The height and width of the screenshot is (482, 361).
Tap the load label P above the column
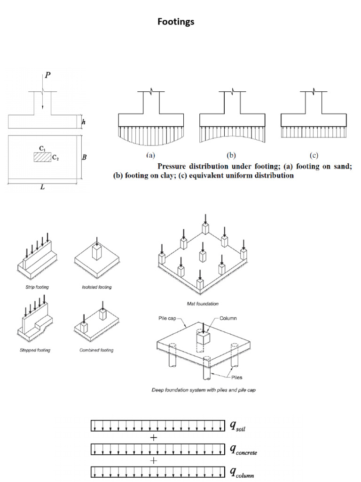(48, 75)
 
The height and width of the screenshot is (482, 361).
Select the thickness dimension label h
(84, 122)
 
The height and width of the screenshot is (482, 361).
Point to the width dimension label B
(84, 158)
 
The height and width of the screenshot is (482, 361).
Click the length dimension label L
(43, 187)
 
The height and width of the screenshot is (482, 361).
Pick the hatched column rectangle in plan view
(42, 157)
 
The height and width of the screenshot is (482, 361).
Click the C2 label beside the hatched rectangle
(55, 158)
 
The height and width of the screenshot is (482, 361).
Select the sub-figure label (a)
(150, 155)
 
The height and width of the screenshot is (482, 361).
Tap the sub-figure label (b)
(231, 155)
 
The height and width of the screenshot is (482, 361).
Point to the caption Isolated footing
(97, 287)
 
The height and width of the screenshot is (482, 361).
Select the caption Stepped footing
(36, 350)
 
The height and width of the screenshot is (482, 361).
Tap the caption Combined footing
(97, 350)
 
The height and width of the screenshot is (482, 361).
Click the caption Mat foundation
(203, 304)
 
